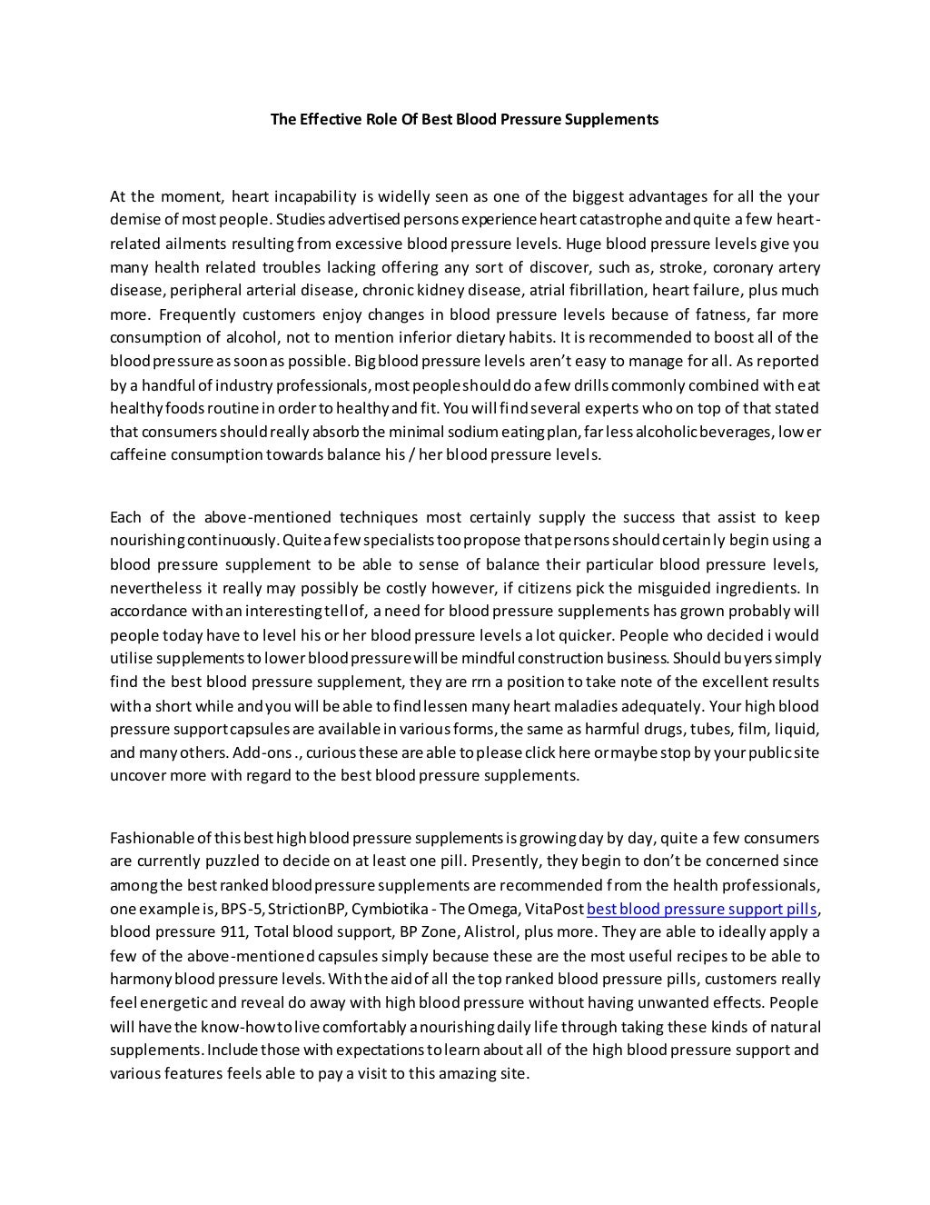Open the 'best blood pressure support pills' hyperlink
point(703,908)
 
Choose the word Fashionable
point(152,837)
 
